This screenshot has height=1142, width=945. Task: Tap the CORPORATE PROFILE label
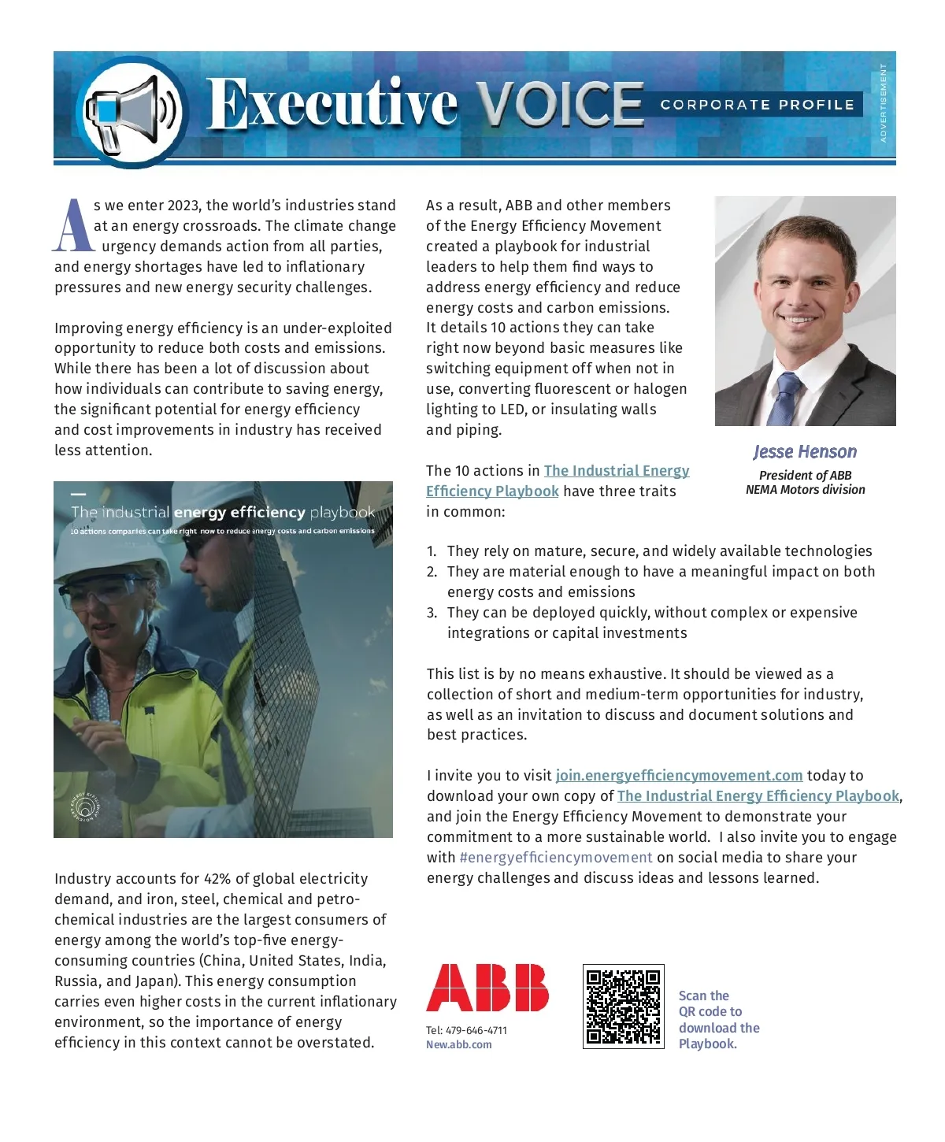(x=757, y=105)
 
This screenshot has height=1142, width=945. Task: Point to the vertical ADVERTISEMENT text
(x=883, y=102)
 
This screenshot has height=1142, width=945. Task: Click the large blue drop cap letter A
(x=72, y=226)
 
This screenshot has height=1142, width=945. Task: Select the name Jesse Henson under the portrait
(x=805, y=452)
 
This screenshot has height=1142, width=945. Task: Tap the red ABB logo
(x=487, y=988)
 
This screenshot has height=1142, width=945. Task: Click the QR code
(x=623, y=1007)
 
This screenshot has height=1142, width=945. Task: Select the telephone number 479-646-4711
(x=476, y=1030)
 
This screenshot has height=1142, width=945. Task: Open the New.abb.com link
(x=459, y=1044)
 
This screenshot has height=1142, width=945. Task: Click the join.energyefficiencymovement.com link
(x=679, y=776)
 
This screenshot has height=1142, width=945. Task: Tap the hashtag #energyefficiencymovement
(x=556, y=858)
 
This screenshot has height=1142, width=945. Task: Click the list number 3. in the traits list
(x=432, y=613)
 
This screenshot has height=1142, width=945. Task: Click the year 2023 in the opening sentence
(x=183, y=206)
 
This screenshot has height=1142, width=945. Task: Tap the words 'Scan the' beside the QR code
(x=704, y=996)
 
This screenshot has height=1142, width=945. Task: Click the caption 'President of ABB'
(x=805, y=476)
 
